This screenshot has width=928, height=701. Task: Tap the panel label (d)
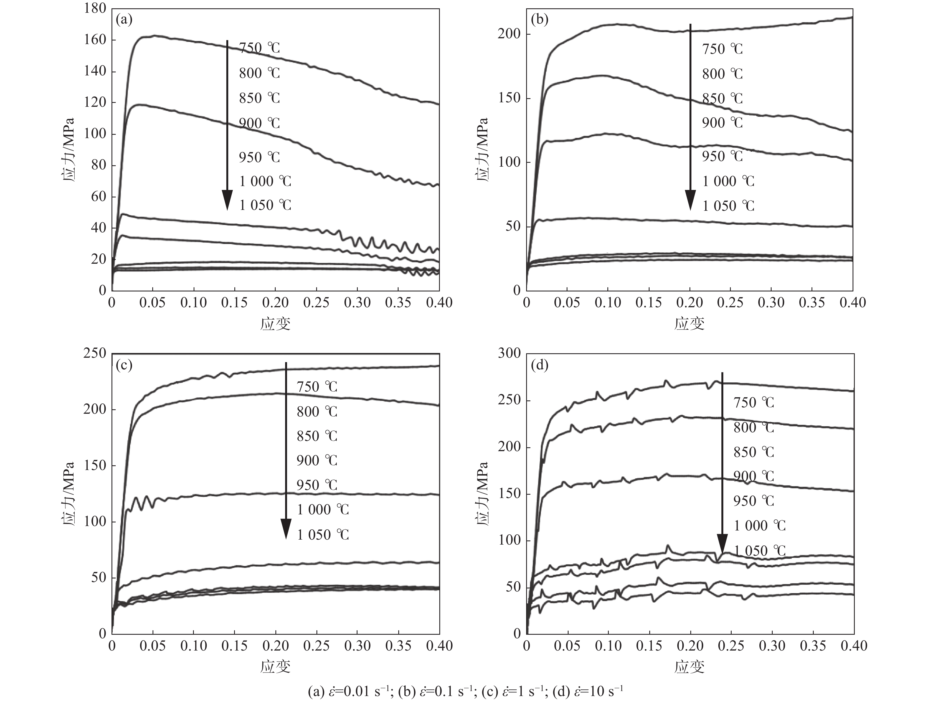click(x=539, y=365)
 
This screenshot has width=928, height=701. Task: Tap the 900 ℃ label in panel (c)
click(x=317, y=460)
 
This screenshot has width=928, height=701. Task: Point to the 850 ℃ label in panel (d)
click(x=754, y=452)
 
